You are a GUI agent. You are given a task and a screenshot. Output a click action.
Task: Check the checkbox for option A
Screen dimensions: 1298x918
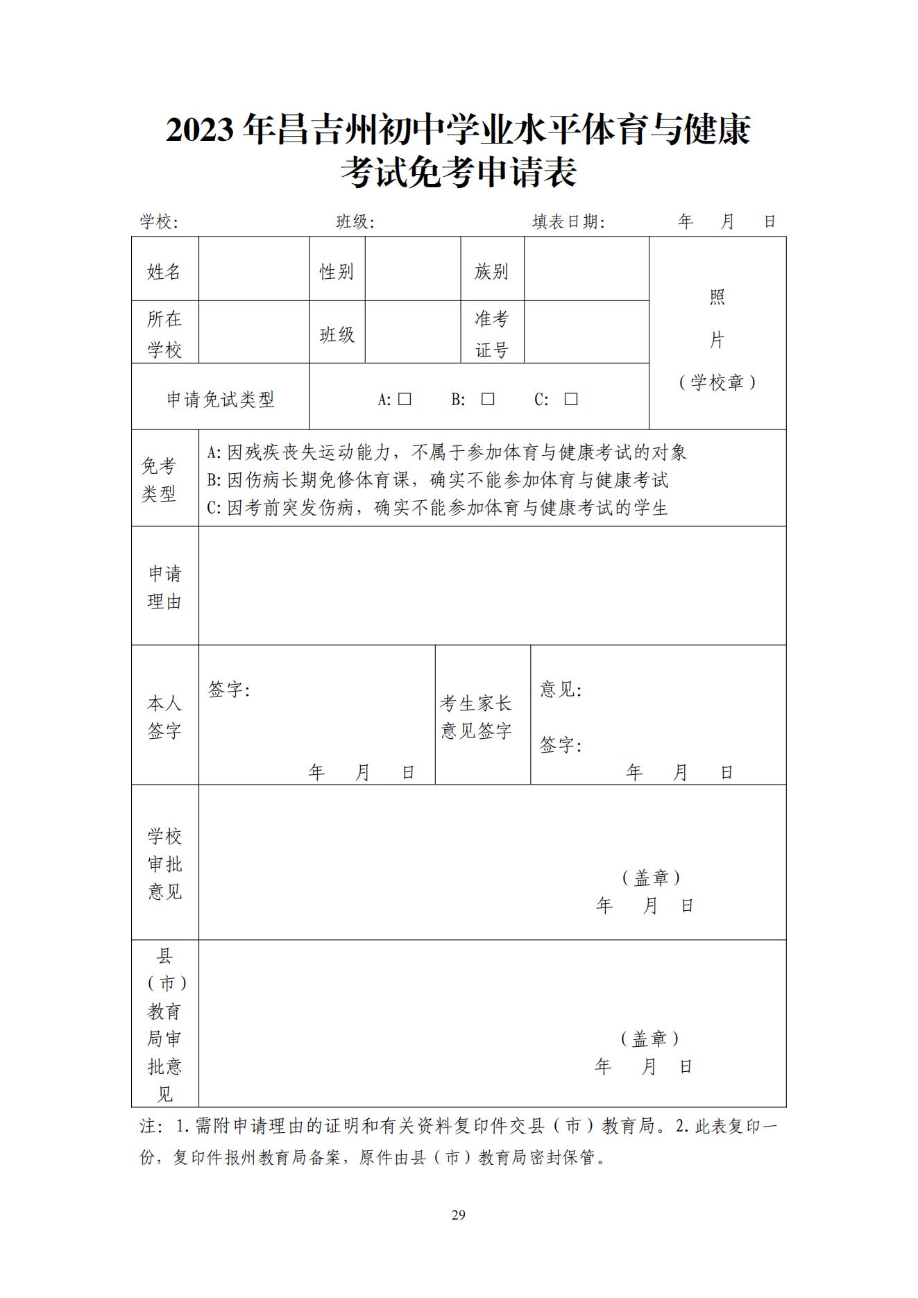point(405,399)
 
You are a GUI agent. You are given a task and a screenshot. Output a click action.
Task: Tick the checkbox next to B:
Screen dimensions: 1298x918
point(488,399)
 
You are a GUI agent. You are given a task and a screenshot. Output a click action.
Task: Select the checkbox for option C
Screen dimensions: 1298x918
point(571,399)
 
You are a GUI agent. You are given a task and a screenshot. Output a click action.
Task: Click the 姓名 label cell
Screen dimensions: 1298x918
point(164,271)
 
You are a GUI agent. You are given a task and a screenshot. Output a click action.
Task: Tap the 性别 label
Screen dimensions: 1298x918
point(337,271)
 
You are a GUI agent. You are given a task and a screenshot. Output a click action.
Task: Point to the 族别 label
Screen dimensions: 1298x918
point(491,271)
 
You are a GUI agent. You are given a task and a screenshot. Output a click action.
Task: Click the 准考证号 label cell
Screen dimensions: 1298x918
point(491,334)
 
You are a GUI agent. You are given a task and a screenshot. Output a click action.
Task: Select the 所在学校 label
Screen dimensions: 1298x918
point(164,334)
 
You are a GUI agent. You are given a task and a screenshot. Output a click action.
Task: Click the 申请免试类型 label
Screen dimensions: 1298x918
point(221,399)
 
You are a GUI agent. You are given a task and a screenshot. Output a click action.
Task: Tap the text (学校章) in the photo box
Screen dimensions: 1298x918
point(717,382)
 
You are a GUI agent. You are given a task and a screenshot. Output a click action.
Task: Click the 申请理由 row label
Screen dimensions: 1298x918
point(164,588)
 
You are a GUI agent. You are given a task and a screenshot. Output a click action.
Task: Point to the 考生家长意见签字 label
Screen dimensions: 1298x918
point(476,717)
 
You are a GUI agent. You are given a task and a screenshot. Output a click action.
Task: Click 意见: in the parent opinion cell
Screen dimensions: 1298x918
point(561,690)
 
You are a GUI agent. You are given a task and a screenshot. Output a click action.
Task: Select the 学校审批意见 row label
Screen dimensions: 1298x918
point(164,864)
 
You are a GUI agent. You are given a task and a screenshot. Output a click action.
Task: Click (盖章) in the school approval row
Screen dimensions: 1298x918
point(650,878)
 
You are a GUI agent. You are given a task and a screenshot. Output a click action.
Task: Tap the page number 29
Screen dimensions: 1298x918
point(458,1214)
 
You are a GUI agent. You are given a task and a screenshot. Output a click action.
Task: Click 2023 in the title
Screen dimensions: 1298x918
point(199,130)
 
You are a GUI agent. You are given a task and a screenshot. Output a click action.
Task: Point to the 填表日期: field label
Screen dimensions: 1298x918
point(568,221)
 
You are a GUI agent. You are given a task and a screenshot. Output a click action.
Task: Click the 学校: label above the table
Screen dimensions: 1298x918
point(159,221)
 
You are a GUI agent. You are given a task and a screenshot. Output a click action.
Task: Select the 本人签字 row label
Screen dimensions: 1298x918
point(164,717)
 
